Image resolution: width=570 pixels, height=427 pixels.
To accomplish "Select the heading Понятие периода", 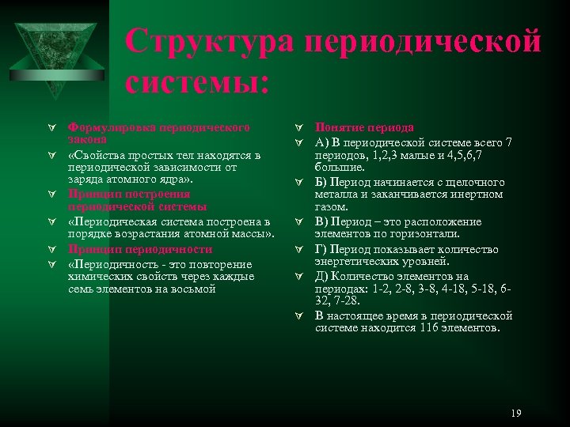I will pos(363,127).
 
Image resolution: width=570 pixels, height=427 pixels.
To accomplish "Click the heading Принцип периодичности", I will pos(140,249).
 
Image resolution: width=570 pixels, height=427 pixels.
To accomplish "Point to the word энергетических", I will pos(353,261).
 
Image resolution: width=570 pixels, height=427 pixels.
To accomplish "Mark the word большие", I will pos(340,168).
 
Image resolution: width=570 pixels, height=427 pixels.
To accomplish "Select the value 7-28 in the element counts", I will pos(347,300).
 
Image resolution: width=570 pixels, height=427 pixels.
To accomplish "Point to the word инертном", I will pos(477,195).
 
